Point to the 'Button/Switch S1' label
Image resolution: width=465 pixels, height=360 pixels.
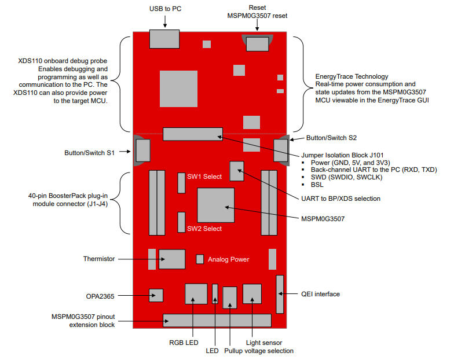[x=89, y=153]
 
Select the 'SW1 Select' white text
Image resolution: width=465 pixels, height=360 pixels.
[x=204, y=177]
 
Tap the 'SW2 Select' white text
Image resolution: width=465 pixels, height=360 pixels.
[x=204, y=229]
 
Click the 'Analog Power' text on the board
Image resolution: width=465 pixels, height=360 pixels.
[x=228, y=259]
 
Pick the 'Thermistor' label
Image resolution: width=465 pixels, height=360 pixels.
[x=99, y=259]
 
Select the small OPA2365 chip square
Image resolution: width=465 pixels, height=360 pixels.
[x=156, y=295]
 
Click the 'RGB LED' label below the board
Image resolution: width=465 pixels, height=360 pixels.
[x=184, y=343]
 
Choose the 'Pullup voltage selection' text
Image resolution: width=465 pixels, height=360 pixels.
[x=258, y=351]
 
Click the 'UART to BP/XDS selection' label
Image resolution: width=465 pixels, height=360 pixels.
[x=341, y=199]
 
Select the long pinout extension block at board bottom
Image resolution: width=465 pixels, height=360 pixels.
[x=217, y=320]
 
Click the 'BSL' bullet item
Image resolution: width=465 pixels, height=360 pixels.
[x=316, y=185]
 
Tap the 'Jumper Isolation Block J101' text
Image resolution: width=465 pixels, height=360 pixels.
[x=343, y=155]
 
